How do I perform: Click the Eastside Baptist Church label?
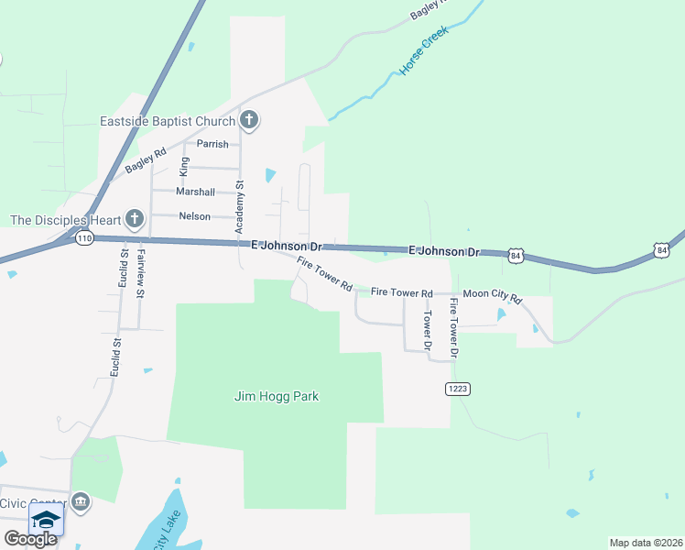pyautogui.click(x=168, y=121)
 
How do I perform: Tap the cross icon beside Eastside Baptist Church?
pyautogui.click(x=249, y=120)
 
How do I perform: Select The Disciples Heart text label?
pyautogui.click(x=65, y=219)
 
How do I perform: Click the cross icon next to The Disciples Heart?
pyautogui.click(x=135, y=218)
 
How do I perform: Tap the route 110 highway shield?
pyautogui.click(x=85, y=238)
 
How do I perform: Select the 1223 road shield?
pyautogui.click(x=458, y=389)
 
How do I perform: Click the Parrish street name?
pyautogui.click(x=212, y=144)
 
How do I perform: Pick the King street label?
pyautogui.click(x=184, y=166)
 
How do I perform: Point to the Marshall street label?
pyautogui.click(x=195, y=192)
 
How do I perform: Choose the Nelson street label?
pyautogui.click(x=194, y=216)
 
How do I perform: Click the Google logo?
pyautogui.click(x=30, y=539)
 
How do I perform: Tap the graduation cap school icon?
pyautogui.click(x=46, y=520)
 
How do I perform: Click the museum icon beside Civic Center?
pyautogui.click(x=81, y=501)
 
